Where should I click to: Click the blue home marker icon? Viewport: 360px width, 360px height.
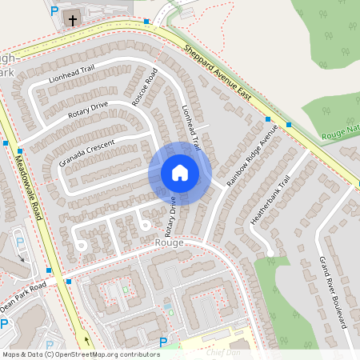point(180,173)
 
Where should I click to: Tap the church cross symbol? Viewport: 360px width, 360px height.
point(73,20)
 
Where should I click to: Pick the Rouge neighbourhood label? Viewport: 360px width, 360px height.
point(170,242)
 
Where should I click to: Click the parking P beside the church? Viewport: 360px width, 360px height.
point(54,11)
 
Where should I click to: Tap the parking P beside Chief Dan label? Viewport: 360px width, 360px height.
point(163,342)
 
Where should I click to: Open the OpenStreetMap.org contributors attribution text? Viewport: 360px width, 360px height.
point(104,354)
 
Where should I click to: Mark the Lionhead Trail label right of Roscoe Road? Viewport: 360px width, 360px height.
point(190,123)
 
